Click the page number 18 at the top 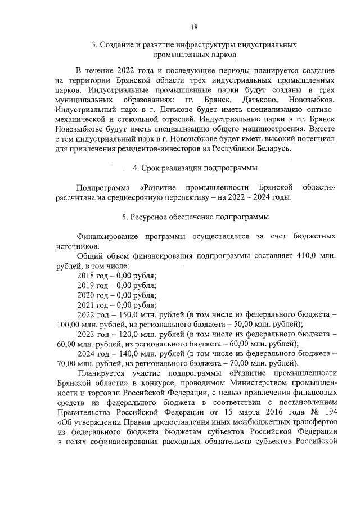pyautogui.click(x=193, y=26)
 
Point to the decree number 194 pyautogui.click(x=330, y=411)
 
